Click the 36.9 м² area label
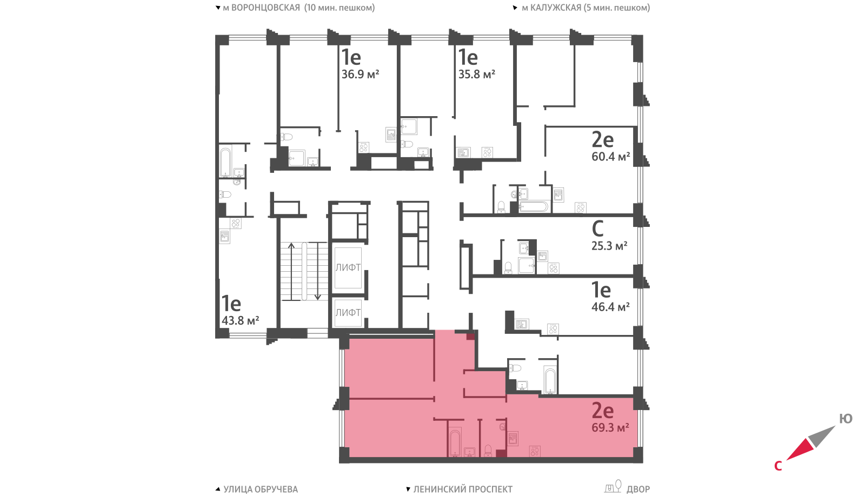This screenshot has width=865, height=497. click(x=360, y=73)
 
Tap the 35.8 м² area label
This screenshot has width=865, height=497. click(x=476, y=73)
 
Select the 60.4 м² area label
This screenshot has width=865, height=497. click(x=610, y=156)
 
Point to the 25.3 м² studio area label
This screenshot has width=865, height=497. click(x=609, y=245)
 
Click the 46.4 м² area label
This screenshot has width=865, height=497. click(x=610, y=306)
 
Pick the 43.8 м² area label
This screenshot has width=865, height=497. click(x=240, y=320)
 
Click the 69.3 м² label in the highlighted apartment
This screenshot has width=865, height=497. click(x=610, y=427)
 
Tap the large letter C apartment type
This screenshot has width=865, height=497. click(x=597, y=229)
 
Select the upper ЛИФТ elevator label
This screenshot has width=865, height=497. click(x=348, y=267)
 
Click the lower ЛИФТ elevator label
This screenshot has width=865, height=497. click(x=348, y=313)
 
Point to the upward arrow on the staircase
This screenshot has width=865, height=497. click(x=291, y=272)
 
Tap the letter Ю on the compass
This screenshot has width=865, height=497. click(x=846, y=419)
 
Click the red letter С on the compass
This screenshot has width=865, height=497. click(x=778, y=466)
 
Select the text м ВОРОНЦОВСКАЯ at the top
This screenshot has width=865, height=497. click(x=261, y=8)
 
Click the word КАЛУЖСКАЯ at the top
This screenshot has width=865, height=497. click(x=556, y=8)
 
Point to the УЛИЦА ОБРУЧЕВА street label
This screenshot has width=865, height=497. click(x=261, y=489)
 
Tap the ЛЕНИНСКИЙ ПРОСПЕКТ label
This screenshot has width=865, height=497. click(x=463, y=489)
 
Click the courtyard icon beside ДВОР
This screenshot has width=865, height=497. click(x=613, y=486)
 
